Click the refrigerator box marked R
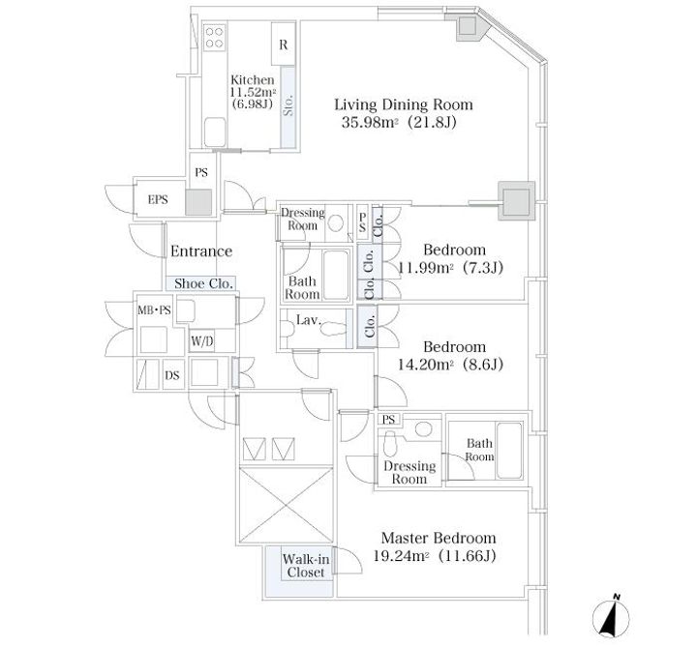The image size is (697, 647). pos(283,44)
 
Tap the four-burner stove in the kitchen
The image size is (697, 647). pos(214,38)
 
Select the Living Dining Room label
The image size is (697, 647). pos(403,104)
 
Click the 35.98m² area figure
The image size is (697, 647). pos(370,122)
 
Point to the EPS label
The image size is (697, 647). pos(158,200)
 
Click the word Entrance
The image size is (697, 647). pos(201,251)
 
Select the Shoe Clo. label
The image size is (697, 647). pos(203,283)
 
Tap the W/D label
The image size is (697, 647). pos(201,341)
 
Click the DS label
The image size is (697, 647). pos(172,375)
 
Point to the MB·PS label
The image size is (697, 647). pos(154,309)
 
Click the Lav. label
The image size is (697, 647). pos(309,320)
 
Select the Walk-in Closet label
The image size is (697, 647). pos(306,566)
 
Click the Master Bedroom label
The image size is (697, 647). pos(439,539)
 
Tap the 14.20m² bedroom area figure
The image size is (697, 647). pos(426,365)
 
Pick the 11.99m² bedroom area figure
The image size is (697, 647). pos(426,268)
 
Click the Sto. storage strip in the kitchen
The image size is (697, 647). pos(288,107)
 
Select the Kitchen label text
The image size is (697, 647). pos(253,80)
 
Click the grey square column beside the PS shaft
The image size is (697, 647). pos(198,202)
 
